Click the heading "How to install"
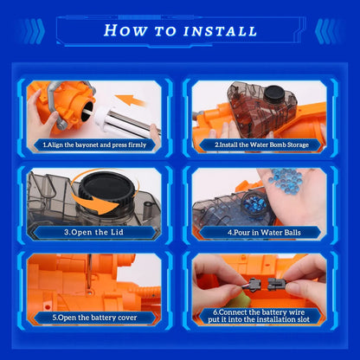click(180, 30)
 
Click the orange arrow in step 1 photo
click(131, 101)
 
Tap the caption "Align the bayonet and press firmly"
click(95, 145)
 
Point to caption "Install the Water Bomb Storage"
click(261, 145)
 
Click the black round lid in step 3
click(107, 188)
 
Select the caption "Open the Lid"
click(93, 232)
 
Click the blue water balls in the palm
click(285, 181)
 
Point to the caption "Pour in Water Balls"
click(264, 233)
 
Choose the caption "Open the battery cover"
click(94, 318)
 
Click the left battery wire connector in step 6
click(252, 284)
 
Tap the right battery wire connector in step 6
click(276, 284)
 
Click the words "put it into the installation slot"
click(259, 319)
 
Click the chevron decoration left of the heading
click(33, 31)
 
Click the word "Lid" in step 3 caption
click(118, 232)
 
